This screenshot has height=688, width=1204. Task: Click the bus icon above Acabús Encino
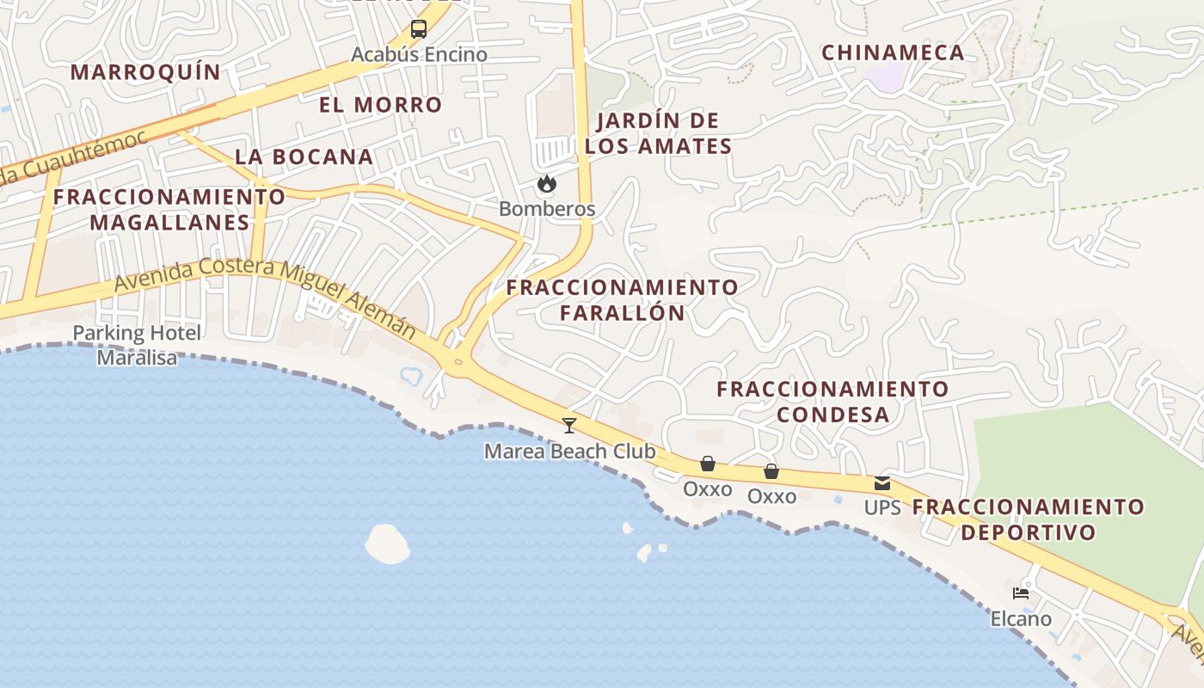pyautogui.click(x=419, y=29)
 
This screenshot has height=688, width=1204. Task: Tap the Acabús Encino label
pyautogui.click(x=419, y=55)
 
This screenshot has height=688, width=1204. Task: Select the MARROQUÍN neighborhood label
pyautogui.click(x=145, y=72)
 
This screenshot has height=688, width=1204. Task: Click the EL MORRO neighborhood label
pyautogui.click(x=380, y=105)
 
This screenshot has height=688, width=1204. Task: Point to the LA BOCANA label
pyautogui.click(x=304, y=157)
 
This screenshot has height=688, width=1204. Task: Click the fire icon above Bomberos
pyautogui.click(x=545, y=184)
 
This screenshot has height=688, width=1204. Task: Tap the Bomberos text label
pyautogui.click(x=547, y=209)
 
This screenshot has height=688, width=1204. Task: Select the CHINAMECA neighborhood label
pyautogui.click(x=893, y=52)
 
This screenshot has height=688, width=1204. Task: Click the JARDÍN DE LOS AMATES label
pyautogui.click(x=658, y=133)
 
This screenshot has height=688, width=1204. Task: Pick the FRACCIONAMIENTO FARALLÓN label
pyautogui.click(x=622, y=299)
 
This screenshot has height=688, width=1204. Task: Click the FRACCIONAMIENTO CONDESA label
pyautogui.click(x=832, y=402)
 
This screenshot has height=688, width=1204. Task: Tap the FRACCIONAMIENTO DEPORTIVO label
pyautogui.click(x=1028, y=519)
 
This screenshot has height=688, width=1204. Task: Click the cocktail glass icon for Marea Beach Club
pyautogui.click(x=568, y=425)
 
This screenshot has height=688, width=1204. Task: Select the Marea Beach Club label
pyautogui.click(x=569, y=451)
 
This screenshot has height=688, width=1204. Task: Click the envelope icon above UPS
pyautogui.click(x=882, y=483)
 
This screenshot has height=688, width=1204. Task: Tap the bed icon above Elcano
pyautogui.click(x=1021, y=593)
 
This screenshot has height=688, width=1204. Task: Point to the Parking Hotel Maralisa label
pyautogui.click(x=137, y=345)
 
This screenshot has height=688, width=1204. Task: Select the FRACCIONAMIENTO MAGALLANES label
pyautogui.click(x=169, y=209)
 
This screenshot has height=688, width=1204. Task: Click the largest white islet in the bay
pyautogui.click(x=387, y=544)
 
